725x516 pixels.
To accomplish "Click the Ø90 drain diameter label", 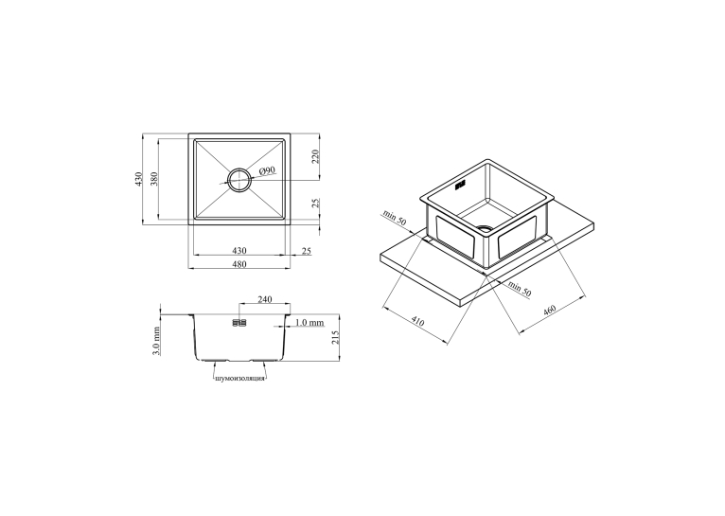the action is coord(267,171).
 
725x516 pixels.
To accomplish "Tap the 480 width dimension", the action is coord(239,264).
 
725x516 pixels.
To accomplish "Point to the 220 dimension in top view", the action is coord(315,157).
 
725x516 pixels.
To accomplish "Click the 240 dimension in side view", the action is coord(263,299).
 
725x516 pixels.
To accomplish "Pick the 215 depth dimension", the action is coord(336,337).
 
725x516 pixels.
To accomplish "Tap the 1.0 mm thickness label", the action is coord(309,322).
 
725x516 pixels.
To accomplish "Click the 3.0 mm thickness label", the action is coord(156,341).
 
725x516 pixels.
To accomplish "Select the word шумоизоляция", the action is coord(240,378).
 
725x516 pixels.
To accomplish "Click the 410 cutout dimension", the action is coord(417,321).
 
